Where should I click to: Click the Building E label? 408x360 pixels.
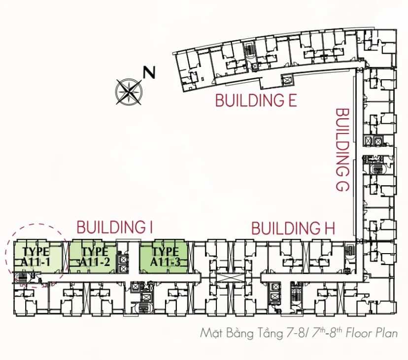(x=256, y=100)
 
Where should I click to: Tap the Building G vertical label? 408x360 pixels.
(x=342, y=150)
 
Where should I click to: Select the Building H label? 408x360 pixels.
(x=293, y=228)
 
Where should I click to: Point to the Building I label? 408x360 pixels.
(x=114, y=227)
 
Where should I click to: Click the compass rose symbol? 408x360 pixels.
(x=129, y=92)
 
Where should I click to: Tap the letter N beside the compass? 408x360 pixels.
(x=149, y=72)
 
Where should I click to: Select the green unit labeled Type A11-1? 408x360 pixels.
(x=38, y=257)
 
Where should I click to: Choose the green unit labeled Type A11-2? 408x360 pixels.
(x=93, y=257)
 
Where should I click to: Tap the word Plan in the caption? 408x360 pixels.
(x=387, y=333)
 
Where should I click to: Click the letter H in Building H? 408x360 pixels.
(x=330, y=229)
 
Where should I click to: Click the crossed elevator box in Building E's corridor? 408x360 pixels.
(x=287, y=80)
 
